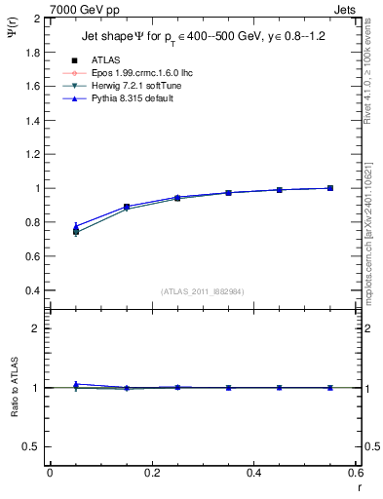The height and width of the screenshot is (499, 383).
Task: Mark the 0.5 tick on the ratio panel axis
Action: (x=33, y=446)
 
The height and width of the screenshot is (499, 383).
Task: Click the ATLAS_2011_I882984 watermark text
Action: (x=202, y=291)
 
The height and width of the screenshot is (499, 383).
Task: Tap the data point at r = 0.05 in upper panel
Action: (x=76, y=231)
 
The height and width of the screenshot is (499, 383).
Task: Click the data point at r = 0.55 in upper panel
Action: (x=330, y=188)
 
